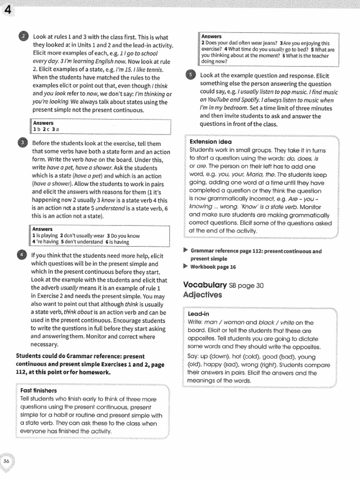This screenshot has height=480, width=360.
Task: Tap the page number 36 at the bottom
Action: click(7, 461)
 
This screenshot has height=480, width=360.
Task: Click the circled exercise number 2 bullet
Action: click(23, 37)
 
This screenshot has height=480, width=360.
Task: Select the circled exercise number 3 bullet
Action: click(23, 143)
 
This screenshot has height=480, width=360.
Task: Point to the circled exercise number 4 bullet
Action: click(22, 255)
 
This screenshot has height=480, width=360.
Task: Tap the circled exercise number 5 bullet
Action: click(190, 75)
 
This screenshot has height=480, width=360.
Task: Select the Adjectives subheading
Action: click(202, 295)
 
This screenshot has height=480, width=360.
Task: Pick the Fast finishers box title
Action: click(38, 390)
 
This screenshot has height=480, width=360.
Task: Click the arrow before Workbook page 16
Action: click(186, 266)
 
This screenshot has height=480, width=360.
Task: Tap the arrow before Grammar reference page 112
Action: click(186, 251)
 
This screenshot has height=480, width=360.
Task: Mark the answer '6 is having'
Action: click(117, 242)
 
